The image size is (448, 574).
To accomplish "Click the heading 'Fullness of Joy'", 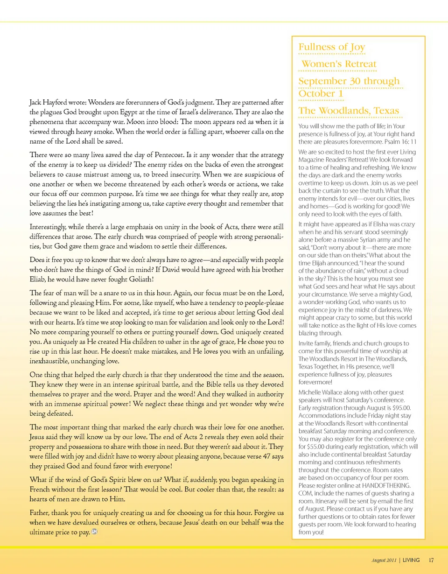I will (332, 47).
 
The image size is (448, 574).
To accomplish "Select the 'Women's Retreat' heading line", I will (339, 64).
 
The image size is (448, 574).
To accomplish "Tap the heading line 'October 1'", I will (321, 94).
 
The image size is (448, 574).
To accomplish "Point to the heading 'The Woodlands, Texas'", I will (349, 111).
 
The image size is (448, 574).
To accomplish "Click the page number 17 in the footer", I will (431, 560).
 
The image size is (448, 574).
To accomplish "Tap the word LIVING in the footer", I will (411, 560).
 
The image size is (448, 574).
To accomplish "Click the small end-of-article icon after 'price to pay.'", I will (95, 533).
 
